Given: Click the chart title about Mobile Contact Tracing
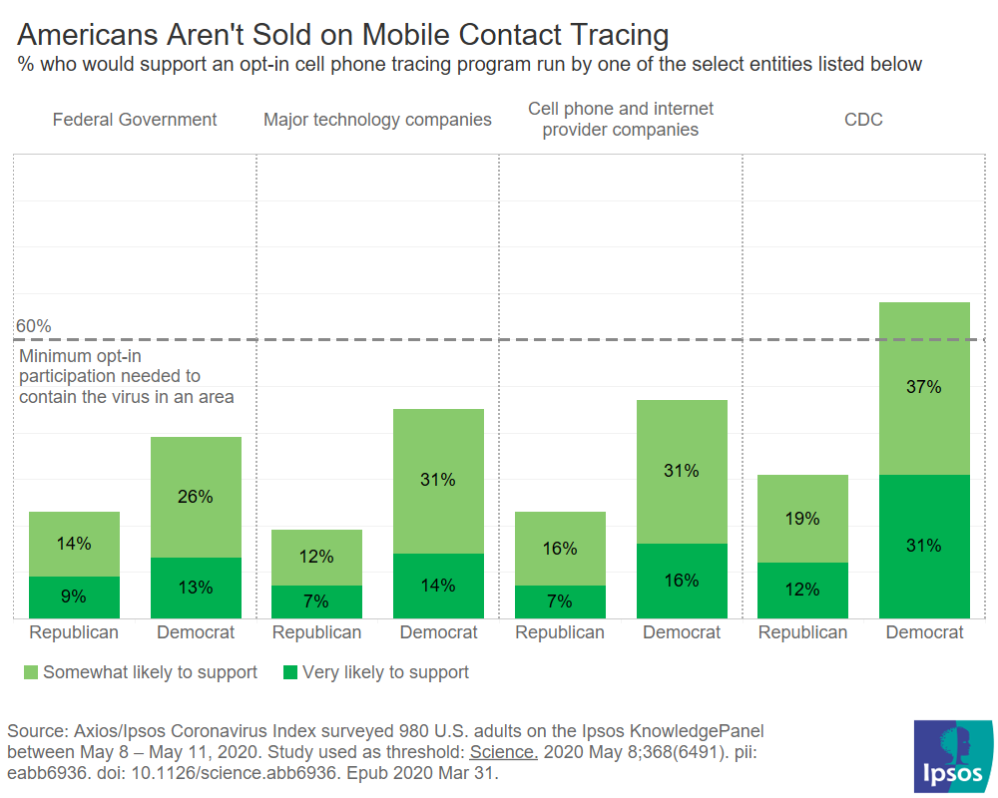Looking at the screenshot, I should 343,35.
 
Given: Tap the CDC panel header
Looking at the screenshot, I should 863,120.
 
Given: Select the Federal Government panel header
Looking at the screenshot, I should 135,120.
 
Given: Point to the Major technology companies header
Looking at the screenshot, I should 377,120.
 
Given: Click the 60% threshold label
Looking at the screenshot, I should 34,326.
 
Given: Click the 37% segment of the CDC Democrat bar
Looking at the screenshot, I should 924,387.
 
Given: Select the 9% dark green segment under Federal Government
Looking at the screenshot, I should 74,597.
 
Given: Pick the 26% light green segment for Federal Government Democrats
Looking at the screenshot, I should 196,496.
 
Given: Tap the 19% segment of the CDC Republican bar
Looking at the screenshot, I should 802,518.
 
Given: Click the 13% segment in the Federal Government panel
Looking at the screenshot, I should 196,588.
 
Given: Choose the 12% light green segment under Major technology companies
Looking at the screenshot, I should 316,557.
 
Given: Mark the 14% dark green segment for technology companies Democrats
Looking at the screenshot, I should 438,586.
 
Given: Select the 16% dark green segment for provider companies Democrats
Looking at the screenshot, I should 682,581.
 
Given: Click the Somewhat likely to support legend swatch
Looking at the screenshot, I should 29,672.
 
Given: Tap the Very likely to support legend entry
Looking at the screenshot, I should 384,672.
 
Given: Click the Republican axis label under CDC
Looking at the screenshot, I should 802,632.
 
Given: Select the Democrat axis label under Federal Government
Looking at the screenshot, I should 196,632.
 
